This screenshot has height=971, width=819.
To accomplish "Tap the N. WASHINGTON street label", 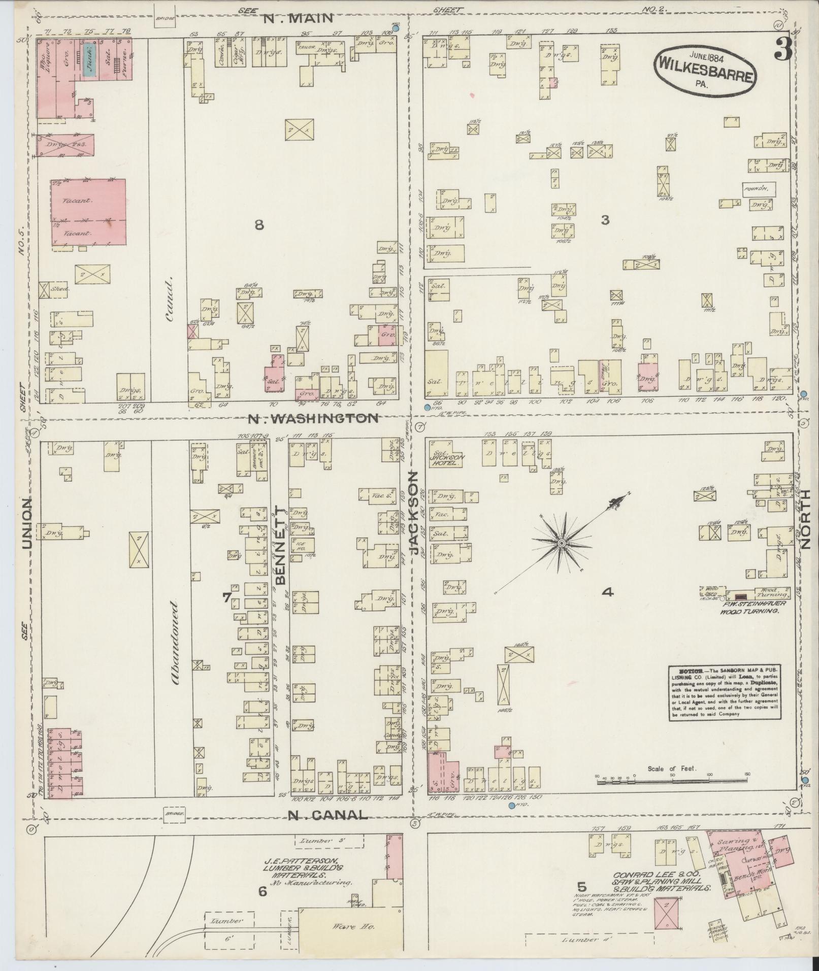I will [x=314, y=418].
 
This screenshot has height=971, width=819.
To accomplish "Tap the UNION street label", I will [x=26, y=523].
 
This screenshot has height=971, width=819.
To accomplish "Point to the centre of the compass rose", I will [x=562, y=544].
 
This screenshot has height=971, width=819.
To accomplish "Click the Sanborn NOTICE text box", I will [x=725, y=691].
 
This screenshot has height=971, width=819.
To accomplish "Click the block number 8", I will [x=259, y=225].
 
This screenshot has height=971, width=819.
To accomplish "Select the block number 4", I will [x=607, y=592].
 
